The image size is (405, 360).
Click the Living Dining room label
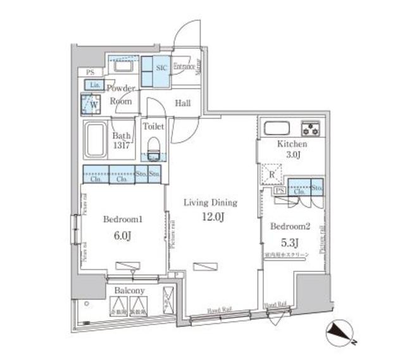pos(210,203)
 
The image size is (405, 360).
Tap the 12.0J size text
pos(210,217)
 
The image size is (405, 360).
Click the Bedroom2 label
pos(289,226)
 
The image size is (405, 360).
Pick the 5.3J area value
pos(289,241)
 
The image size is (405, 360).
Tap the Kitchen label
pos(292,145)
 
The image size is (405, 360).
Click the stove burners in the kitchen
pos(311,128)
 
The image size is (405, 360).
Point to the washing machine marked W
pos(90,103)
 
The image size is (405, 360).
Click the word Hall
pos(183,103)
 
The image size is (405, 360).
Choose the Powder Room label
pos(120,94)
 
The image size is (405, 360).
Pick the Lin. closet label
pos(94,85)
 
